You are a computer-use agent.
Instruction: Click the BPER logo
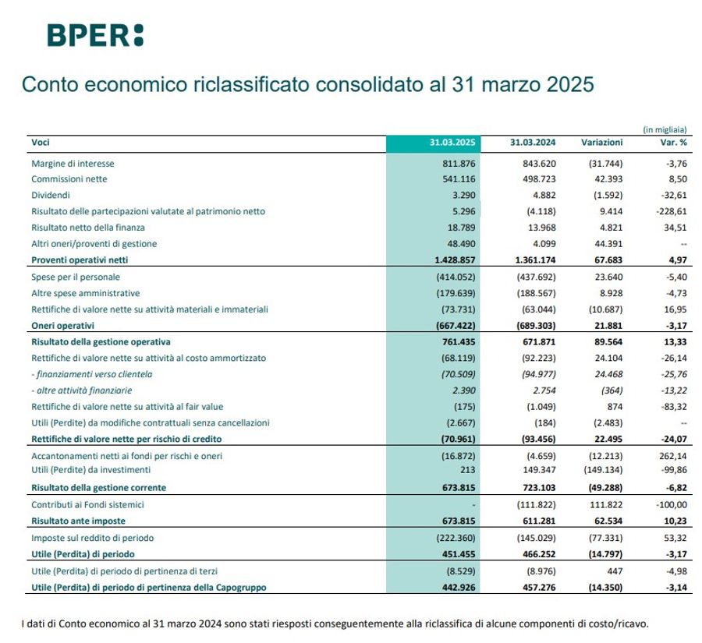point(95,35)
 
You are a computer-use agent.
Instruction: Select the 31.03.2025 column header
point(452,143)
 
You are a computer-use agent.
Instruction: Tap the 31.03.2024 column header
point(533,143)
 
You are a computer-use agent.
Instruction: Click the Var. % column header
point(672,143)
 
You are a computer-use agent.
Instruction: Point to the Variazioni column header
point(602,143)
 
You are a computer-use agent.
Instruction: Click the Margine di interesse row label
point(73,164)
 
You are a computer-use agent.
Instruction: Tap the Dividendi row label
point(51,196)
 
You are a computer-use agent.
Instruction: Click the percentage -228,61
point(670,211)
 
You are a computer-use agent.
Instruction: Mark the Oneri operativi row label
point(62,325)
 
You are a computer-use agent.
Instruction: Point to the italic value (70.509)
point(456,374)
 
